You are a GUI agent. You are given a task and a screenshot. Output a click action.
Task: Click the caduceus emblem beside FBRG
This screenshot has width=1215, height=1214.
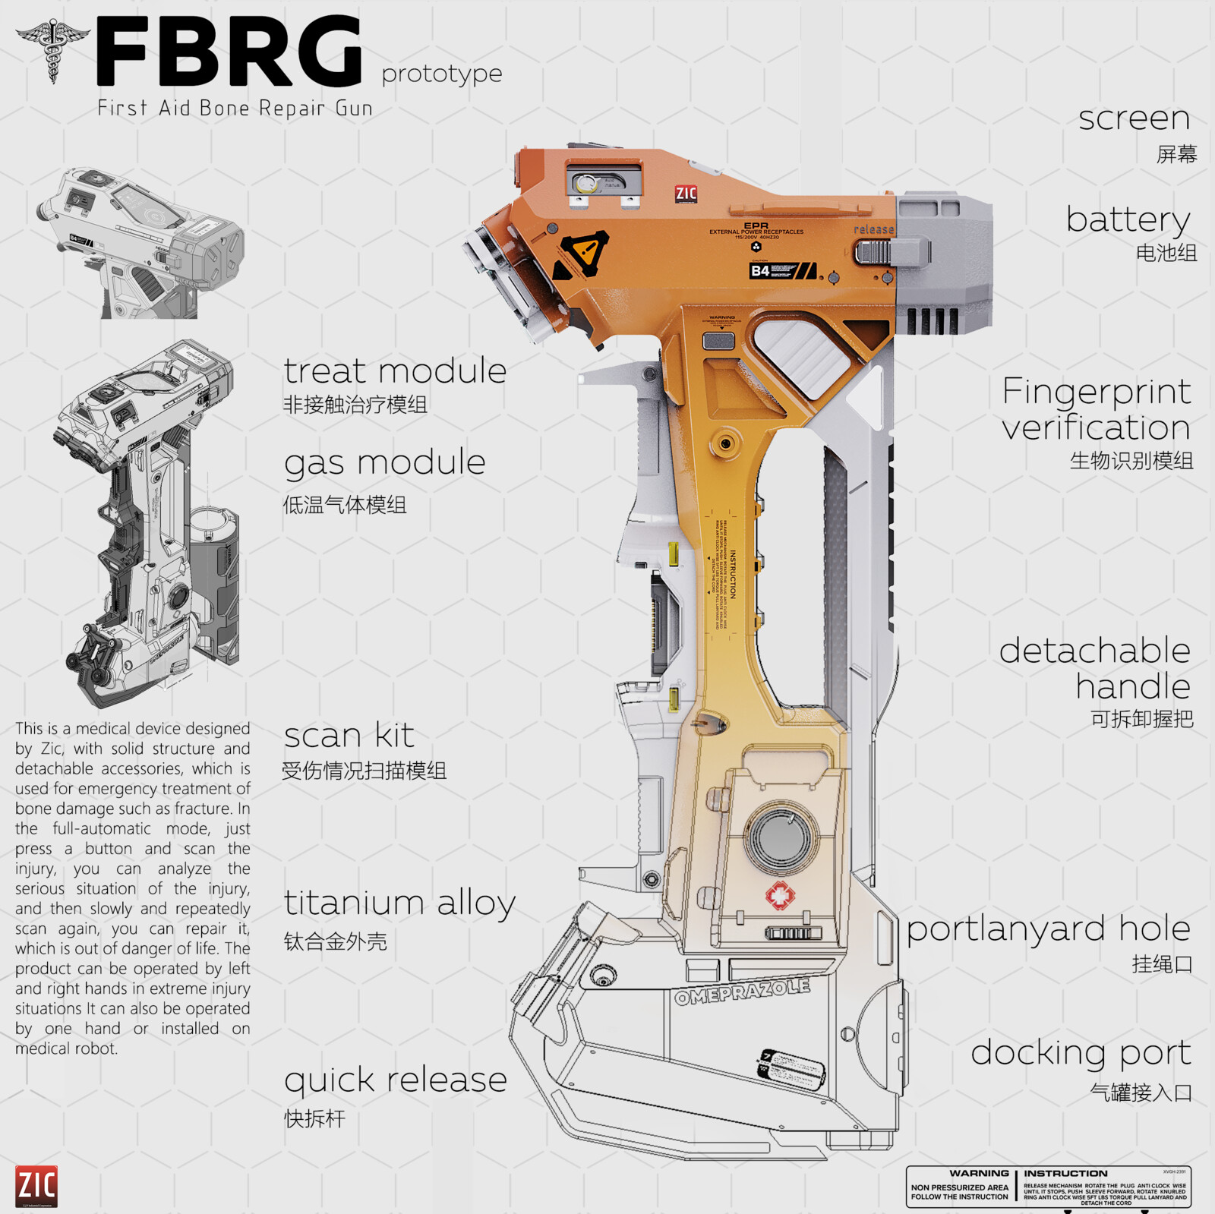52,49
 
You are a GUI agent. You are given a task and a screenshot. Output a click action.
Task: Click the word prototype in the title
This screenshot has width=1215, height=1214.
441,74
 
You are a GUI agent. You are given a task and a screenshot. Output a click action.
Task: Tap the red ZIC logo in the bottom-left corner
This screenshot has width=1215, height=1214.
36,1185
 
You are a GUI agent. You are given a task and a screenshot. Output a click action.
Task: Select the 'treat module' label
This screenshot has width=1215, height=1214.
395,371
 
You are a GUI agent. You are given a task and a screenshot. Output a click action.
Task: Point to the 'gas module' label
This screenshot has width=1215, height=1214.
384,462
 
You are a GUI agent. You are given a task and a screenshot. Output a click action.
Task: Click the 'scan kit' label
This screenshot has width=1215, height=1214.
349,736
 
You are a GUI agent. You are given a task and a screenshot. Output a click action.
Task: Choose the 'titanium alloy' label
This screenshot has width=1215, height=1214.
399,903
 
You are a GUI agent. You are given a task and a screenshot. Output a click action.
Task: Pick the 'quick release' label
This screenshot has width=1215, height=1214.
395,1080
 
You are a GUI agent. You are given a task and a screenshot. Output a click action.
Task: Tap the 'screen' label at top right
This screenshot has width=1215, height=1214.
1134,118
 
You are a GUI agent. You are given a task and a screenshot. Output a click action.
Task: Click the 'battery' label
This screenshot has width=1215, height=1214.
1128,220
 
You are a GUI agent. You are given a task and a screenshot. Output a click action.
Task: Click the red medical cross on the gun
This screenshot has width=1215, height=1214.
780,896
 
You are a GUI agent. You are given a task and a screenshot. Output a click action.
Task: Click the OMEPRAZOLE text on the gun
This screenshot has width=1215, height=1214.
742,992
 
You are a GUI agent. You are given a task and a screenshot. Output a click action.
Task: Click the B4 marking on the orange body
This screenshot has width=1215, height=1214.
760,271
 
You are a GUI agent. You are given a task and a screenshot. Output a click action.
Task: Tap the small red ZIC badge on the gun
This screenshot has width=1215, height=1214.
686,194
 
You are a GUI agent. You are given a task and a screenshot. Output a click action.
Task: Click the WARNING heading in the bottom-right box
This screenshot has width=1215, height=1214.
979,1174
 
